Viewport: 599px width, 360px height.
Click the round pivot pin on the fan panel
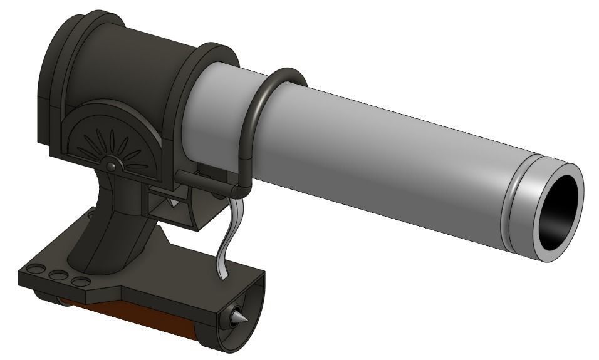[111, 167]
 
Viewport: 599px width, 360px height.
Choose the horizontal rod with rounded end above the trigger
[201, 179]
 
